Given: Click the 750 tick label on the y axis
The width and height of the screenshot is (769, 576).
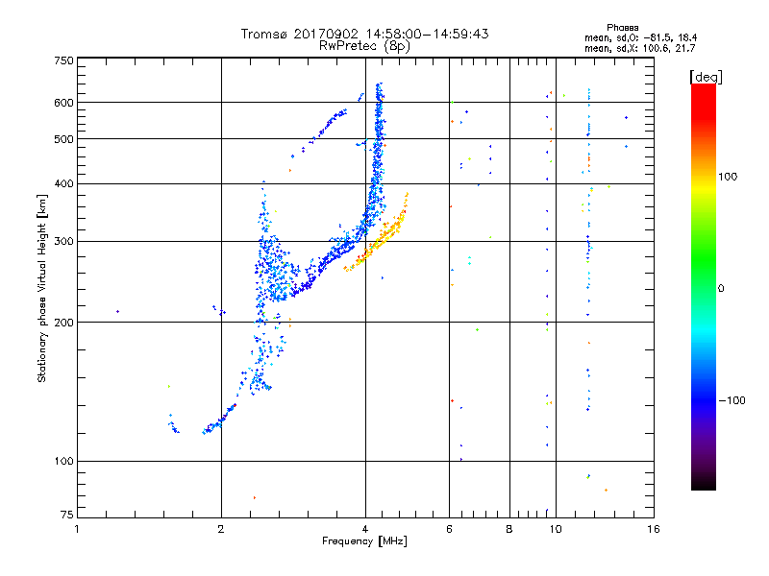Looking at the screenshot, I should pos(64,60).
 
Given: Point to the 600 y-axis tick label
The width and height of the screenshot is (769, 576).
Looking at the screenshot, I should pos(64,103).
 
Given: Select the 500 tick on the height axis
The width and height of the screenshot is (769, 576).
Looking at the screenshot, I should pos(64,139).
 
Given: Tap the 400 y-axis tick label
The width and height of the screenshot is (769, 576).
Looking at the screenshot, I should pos(64,183).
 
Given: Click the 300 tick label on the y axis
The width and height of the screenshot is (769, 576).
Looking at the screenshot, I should pos(64,241).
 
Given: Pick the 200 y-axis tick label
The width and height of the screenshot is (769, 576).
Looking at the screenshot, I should pos(64,322).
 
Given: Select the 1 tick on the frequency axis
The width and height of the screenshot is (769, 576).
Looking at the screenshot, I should pos(77,528).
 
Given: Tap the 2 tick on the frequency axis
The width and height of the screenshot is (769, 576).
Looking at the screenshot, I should pos(221,528).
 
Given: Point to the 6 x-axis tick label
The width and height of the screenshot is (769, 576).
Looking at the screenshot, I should pos(449,528).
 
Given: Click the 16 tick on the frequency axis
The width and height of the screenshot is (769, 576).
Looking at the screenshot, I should pos(653,528).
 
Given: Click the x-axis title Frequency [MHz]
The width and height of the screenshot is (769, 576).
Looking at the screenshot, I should pos(364,542).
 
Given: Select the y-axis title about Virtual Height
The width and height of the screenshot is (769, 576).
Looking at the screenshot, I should pos(42,288).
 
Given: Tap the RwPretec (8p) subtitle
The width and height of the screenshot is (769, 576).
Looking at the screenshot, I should pos(364,45).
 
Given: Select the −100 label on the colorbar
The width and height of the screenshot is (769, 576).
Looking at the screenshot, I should pos(732,400).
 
